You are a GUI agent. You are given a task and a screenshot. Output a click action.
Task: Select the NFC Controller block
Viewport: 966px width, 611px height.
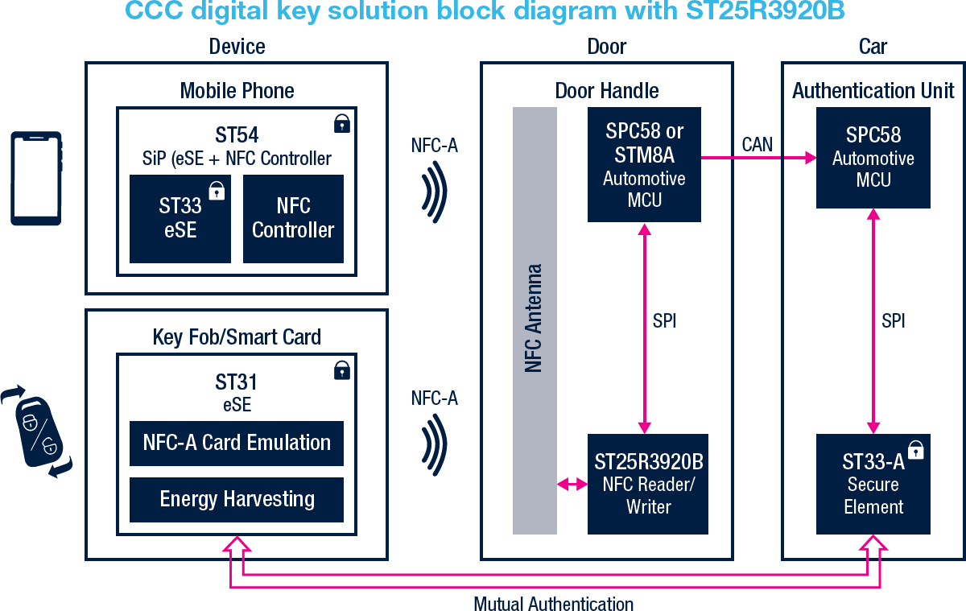coord(293,218)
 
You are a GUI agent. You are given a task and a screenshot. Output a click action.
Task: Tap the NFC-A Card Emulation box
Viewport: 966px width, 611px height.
coord(237,443)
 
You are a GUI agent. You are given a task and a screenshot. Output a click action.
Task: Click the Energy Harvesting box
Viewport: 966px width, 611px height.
coord(237,499)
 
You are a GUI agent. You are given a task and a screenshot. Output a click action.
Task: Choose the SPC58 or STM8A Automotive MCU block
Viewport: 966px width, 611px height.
coord(644,164)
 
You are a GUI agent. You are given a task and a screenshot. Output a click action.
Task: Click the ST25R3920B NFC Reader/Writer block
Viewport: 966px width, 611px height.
coord(648,484)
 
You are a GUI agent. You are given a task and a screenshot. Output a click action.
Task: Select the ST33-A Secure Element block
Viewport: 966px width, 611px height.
coord(873,484)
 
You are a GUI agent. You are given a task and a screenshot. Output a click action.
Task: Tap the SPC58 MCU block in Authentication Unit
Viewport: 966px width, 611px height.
coord(873,158)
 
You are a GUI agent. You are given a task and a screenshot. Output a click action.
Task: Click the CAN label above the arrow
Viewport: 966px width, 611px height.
coord(757,145)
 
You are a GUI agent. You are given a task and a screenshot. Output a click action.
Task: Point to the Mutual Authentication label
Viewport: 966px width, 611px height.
coord(553,603)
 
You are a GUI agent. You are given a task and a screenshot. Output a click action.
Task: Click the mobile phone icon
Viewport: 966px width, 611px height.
coord(35,178)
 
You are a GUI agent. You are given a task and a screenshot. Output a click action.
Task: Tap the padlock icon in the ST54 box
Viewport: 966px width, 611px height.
coord(342,123)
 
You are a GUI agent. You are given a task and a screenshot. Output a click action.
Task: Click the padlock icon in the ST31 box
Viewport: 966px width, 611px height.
coord(342,369)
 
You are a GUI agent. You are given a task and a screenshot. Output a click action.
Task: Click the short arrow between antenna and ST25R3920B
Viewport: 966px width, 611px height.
coord(572,485)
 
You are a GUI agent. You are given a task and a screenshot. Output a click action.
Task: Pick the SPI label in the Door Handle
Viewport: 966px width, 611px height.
coord(664,320)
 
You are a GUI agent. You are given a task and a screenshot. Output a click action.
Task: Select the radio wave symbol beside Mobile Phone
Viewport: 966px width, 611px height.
coord(436,192)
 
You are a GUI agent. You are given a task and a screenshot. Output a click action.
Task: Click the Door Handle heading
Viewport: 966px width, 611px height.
coord(607,91)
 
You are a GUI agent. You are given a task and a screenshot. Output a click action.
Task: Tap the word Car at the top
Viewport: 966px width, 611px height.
coord(873,46)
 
